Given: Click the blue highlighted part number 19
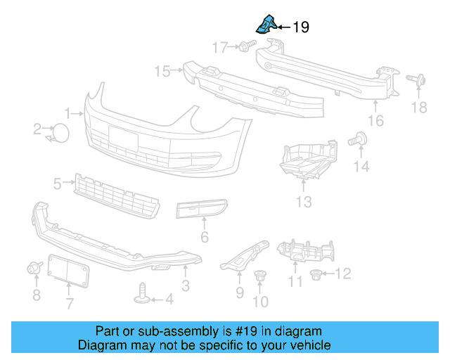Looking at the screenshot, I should pos(264,25).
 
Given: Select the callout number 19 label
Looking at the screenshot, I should pos(300,27).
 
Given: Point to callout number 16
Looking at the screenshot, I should pos(376,121).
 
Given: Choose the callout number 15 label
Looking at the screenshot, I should pos(162,71).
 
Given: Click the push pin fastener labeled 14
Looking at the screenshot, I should pos(361,140).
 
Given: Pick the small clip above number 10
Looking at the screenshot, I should pos(260,275).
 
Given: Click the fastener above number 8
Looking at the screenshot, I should pos(33,268).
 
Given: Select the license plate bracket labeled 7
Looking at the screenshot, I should pos(70,271).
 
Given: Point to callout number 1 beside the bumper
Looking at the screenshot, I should pos(68,113).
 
